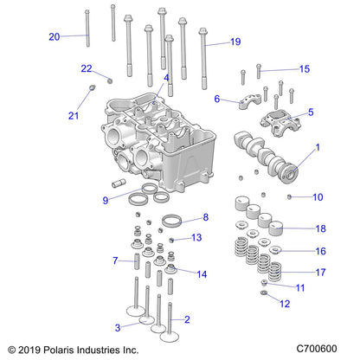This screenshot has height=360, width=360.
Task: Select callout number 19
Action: point(235,42)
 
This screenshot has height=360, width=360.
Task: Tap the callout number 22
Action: point(86,68)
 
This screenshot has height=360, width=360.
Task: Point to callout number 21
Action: point(73,116)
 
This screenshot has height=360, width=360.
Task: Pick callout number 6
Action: point(217,98)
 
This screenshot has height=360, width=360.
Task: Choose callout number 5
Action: point(311,112)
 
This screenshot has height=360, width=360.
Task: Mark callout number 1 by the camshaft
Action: point(317,147)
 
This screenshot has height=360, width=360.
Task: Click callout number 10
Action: point(318,197)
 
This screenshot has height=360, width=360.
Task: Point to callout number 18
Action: point(321,229)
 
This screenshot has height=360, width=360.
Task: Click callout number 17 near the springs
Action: point(321,272)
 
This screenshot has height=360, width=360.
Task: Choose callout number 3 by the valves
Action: point(118,327)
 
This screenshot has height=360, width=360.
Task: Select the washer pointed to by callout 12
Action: point(264,296)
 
